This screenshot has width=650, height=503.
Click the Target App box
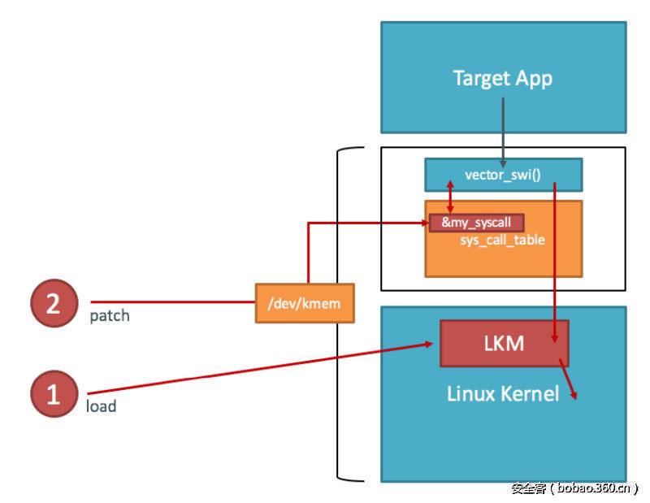(x=503, y=78)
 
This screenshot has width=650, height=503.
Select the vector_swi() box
(x=503, y=175)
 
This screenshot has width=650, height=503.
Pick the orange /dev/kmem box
(x=305, y=303)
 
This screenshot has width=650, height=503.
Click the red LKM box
(x=504, y=343)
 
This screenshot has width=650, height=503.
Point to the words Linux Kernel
(x=503, y=394)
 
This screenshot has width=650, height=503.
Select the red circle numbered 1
(x=54, y=394)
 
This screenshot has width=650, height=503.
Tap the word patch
(x=109, y=315)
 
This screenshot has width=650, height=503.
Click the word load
(x=101, y=405)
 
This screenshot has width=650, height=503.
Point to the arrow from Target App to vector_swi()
(x=503, y=130)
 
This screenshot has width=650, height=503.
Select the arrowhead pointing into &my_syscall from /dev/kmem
(x=424, y=223)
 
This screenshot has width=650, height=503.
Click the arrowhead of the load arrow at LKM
(x=429, y=345)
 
